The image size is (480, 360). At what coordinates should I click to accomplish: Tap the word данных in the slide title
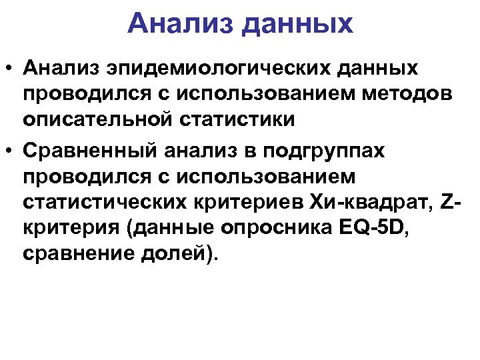point(297,25)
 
